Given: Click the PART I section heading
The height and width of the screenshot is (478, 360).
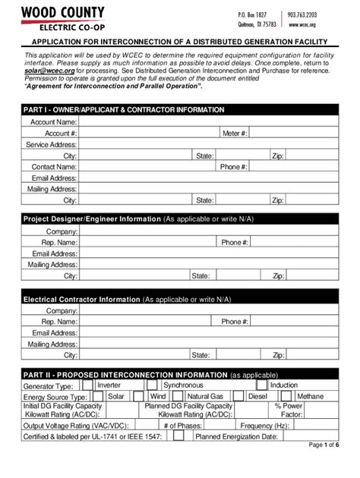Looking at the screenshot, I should (124, 109).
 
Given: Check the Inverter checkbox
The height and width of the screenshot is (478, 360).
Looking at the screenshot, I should (88, 385).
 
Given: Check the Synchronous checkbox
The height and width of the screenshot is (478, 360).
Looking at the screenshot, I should (153, 385).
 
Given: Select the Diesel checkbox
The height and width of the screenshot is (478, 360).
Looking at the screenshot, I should (238, 396).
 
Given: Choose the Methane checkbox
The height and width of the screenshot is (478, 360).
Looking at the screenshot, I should (288, 396).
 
